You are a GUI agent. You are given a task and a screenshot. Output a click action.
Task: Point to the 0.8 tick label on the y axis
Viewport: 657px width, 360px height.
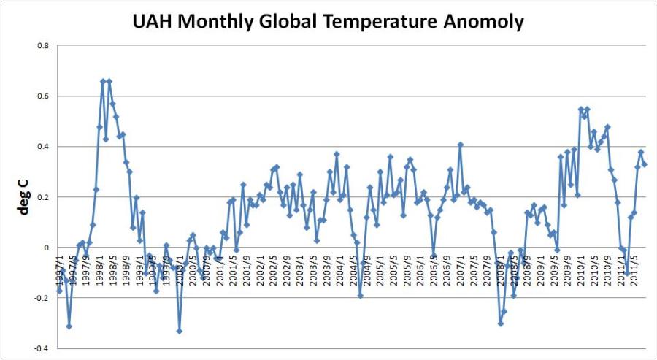point(43,46)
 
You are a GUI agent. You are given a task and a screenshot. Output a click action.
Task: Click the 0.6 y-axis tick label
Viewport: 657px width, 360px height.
point(43,96)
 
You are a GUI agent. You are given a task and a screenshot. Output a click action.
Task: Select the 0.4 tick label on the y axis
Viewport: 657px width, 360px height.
point(43,147)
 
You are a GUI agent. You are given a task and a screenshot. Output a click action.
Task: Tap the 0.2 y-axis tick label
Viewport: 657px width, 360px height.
point(43,197)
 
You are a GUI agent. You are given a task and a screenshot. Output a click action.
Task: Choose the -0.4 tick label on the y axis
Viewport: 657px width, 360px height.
point(42,348)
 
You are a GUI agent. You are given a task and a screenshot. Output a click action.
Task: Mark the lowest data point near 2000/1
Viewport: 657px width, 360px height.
point(179,331)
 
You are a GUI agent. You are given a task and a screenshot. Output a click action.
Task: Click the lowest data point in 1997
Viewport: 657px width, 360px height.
point(69,326)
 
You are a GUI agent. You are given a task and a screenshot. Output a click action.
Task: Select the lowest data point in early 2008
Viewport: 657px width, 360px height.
point(501,323)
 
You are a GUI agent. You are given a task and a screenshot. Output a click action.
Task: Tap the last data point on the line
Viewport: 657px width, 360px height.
point(645,164)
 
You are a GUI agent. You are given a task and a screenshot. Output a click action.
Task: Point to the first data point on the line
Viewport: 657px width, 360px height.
point(59,291)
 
